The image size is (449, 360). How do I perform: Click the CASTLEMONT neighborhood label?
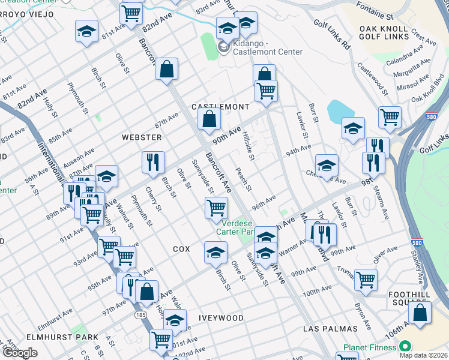[x=220, y=107]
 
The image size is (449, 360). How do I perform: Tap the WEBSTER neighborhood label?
[x=142, y=137]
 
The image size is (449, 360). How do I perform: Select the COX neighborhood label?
[x=181, y=248]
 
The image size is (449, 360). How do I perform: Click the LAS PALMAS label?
[x=330, y=329]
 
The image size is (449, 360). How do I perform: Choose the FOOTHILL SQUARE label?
[x=426, y=290]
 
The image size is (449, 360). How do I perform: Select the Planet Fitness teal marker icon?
[x=405, y=347]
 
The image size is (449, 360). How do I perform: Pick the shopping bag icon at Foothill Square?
[x=420, y=313]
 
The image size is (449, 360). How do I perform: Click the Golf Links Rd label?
[x=331, y=34]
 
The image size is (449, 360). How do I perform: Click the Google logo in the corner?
[x=20, y=353]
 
